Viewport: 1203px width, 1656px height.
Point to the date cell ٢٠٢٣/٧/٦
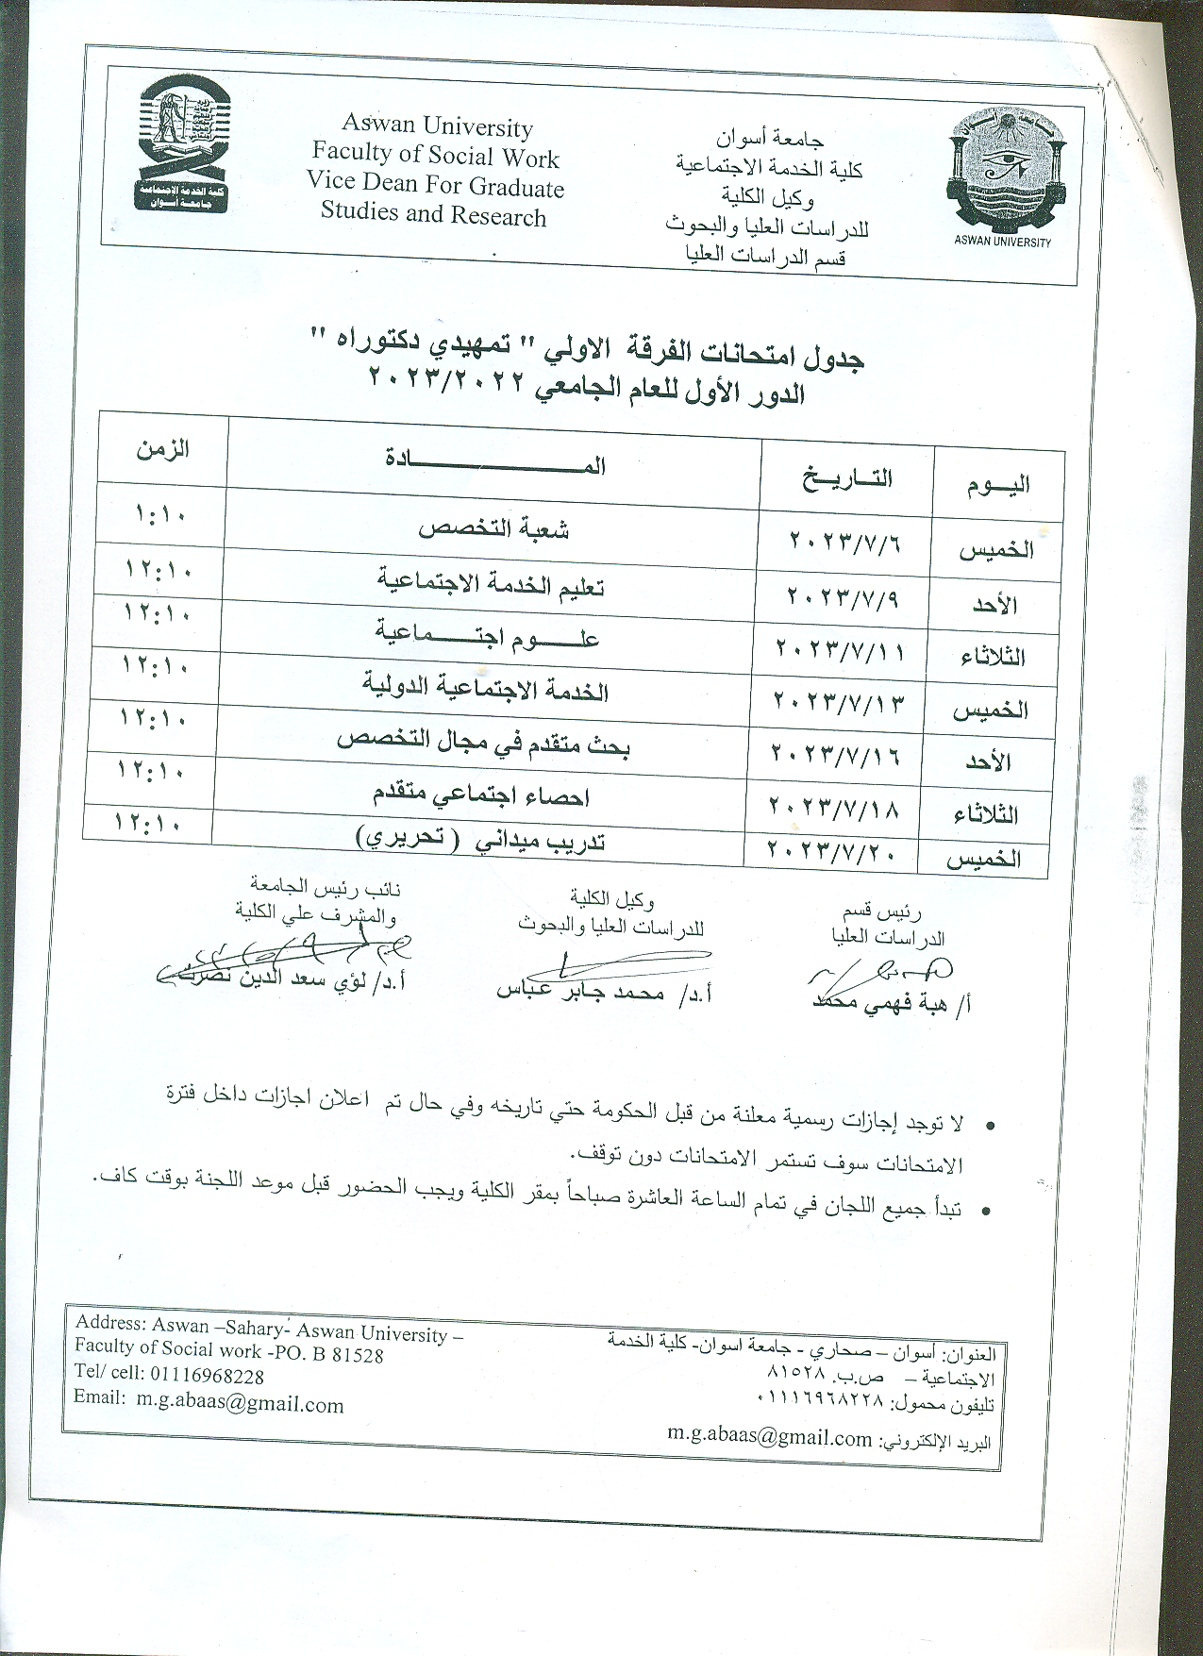[x=845, y=543]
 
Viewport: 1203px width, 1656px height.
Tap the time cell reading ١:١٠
[x=161, y=515]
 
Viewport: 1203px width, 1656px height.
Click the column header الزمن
[x=163, y=448]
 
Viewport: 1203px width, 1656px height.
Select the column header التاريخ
[x=847, y=477]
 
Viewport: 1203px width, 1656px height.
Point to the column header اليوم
[x=998, y=485]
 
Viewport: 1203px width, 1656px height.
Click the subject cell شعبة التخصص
[x=493, y=528]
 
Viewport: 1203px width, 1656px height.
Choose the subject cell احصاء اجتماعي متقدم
[x=480, y=795]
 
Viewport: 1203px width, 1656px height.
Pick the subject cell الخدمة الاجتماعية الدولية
[x=485, y=688]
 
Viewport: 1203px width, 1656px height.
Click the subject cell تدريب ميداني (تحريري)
[x=479, y=839]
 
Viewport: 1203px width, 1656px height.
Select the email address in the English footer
[x=240, y=1403]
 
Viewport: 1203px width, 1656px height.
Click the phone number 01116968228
[x=207, y=1376]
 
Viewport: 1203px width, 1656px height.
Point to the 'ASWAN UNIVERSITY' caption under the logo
[x=1002, y=242]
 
